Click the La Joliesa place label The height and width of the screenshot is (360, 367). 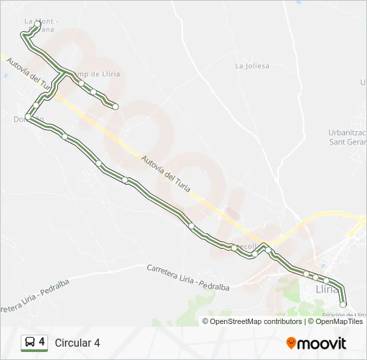tap(252, 66)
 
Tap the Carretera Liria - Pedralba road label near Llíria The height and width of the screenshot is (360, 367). tap(188, 277)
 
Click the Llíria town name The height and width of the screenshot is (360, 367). tap(327, 289)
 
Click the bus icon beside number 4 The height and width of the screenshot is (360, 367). tap(29, 343)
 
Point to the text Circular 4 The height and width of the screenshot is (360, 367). tap(77, 343)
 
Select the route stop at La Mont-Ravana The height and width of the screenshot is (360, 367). tap(37, 25)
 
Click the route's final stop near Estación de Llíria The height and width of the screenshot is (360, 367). tap(343, 304)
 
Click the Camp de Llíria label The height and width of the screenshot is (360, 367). tap(97, 74)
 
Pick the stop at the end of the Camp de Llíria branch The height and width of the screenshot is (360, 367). tap(115, 107)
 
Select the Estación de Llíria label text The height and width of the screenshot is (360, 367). tap(344, 315)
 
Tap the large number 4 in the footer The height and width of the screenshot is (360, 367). tap(42, 342)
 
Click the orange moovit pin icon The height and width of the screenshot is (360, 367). tap(291, 343)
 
